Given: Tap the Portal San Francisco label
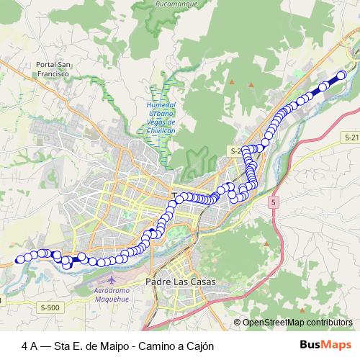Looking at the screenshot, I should click(52, 68).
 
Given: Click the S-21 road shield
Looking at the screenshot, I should click(351, 136).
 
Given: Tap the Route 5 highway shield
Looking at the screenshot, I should click(274, 203).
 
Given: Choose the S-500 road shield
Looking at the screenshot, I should click(50, 307).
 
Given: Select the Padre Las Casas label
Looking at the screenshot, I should click(180, 282).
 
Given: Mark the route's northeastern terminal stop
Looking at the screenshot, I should click(341, 75).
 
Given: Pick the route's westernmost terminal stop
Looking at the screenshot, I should click(19, 259).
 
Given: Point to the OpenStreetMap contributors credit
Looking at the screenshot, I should click(297, 322).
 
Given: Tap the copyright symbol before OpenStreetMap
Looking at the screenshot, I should click(237, 322).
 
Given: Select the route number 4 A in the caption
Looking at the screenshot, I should click(30, 345).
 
